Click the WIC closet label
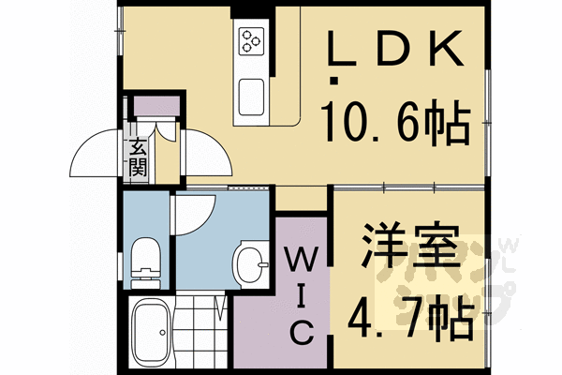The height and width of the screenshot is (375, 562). pyautogui.click(x=300, y=291)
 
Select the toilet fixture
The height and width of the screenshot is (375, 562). pyautogui.click(x=147, y=259)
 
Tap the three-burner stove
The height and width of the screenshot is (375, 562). pyautogui.click(x=251, y=39)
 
